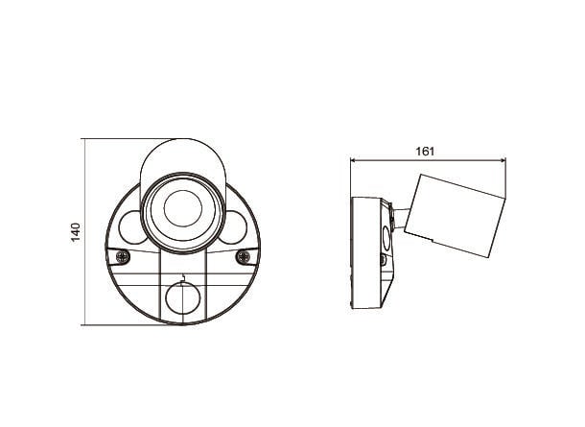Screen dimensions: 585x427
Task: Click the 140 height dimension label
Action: pyautogui.click(x=76, y=232)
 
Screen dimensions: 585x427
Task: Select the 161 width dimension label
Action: pyautogui.click(x=425, y=152)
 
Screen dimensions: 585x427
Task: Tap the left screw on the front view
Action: pyautogui.click(x=123, y=256)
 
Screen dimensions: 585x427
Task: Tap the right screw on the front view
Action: pyautogui.click(x=244, y=256)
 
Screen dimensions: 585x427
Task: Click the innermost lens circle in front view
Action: pyautogui.click(x=183, y=208)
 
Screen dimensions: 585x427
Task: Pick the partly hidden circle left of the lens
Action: pyautogui.click(x=130, y=227)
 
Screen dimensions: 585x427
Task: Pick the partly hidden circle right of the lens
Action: pyautogui.click(x=236, y=227)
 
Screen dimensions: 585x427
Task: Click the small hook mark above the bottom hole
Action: pyautogui.click(x=182, y=278)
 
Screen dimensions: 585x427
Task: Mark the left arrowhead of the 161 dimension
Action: pyautogui.click(x=353, y=160)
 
